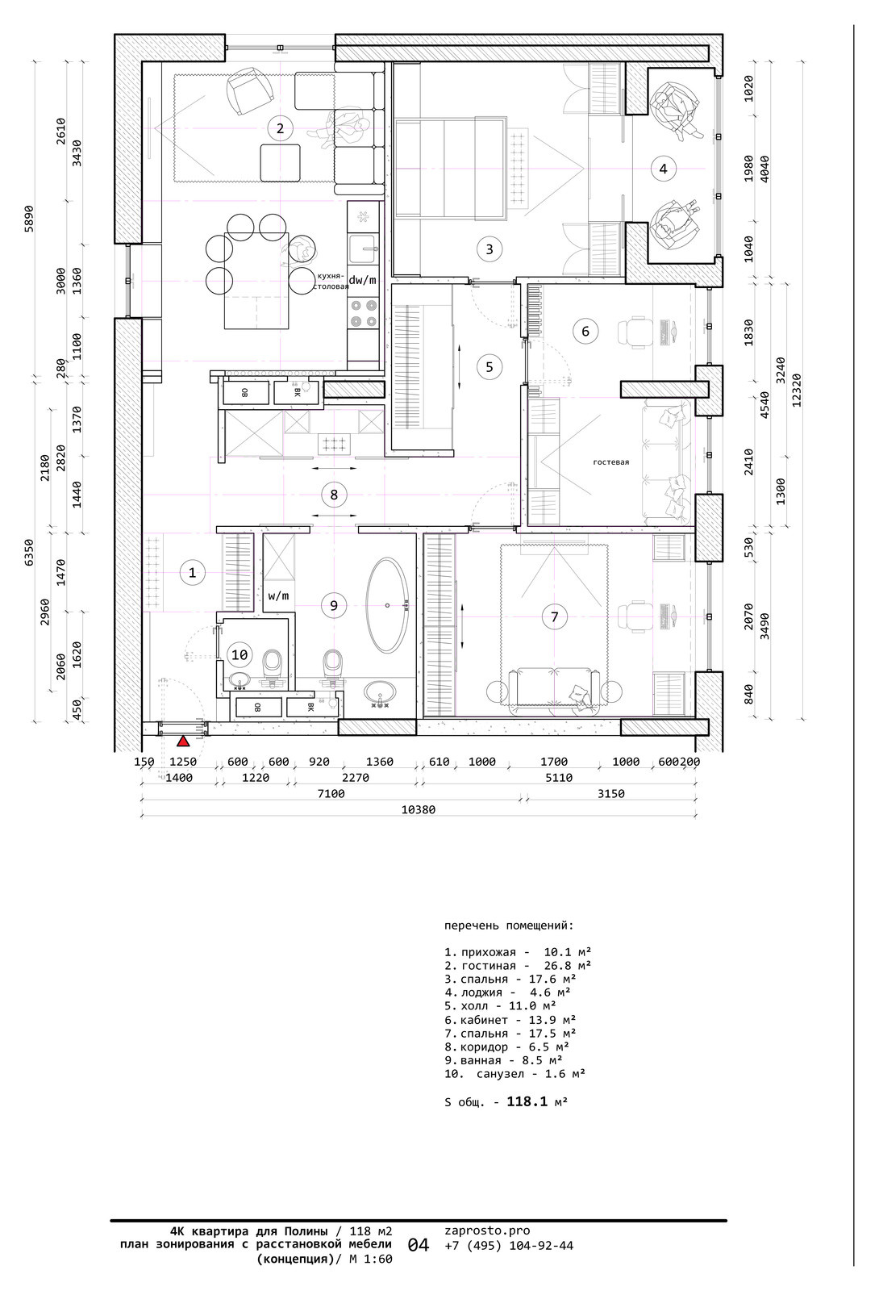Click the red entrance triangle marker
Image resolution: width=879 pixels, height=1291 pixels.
click(183, 742)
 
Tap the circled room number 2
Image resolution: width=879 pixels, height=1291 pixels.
click(280, 128)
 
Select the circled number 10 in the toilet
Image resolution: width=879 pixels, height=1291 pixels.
click(240, 654)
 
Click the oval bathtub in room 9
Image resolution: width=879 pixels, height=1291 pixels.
click(388, 604)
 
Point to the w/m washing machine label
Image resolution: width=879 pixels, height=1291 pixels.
click(278, 595)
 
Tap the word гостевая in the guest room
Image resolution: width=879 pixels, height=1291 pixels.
click(611, 462)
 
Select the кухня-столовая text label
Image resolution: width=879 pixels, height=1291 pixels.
click(330, 282)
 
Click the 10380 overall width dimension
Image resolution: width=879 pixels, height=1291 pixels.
click(419, 810)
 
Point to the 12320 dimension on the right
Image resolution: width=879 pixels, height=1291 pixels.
click(797, 391)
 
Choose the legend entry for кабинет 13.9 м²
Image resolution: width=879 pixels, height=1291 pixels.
click(510, 1020)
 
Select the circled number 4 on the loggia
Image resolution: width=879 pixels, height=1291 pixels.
click(663, 169)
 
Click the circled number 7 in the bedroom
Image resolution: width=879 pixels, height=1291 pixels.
click(554, 616)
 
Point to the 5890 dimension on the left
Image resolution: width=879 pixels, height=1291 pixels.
click(29, 219)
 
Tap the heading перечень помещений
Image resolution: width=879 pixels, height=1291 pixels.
click(509, 926)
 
